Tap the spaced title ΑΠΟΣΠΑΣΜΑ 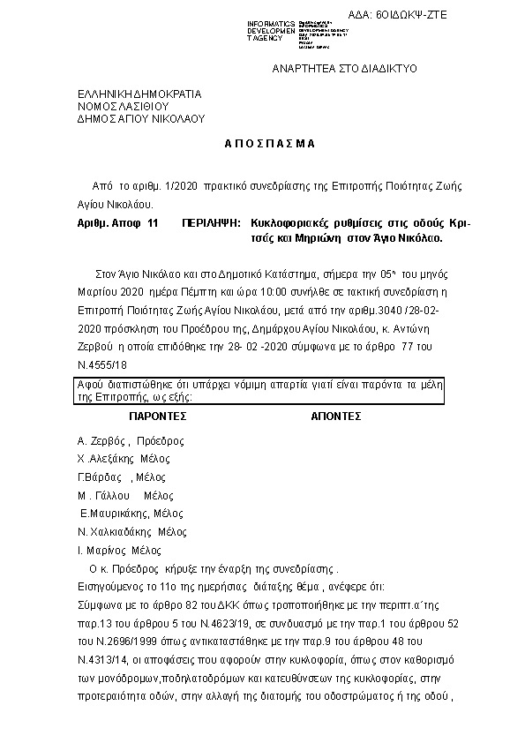(x=263, y=143)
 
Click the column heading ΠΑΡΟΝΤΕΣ (x=159, y=413)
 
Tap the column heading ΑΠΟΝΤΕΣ (x=337, y=413)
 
